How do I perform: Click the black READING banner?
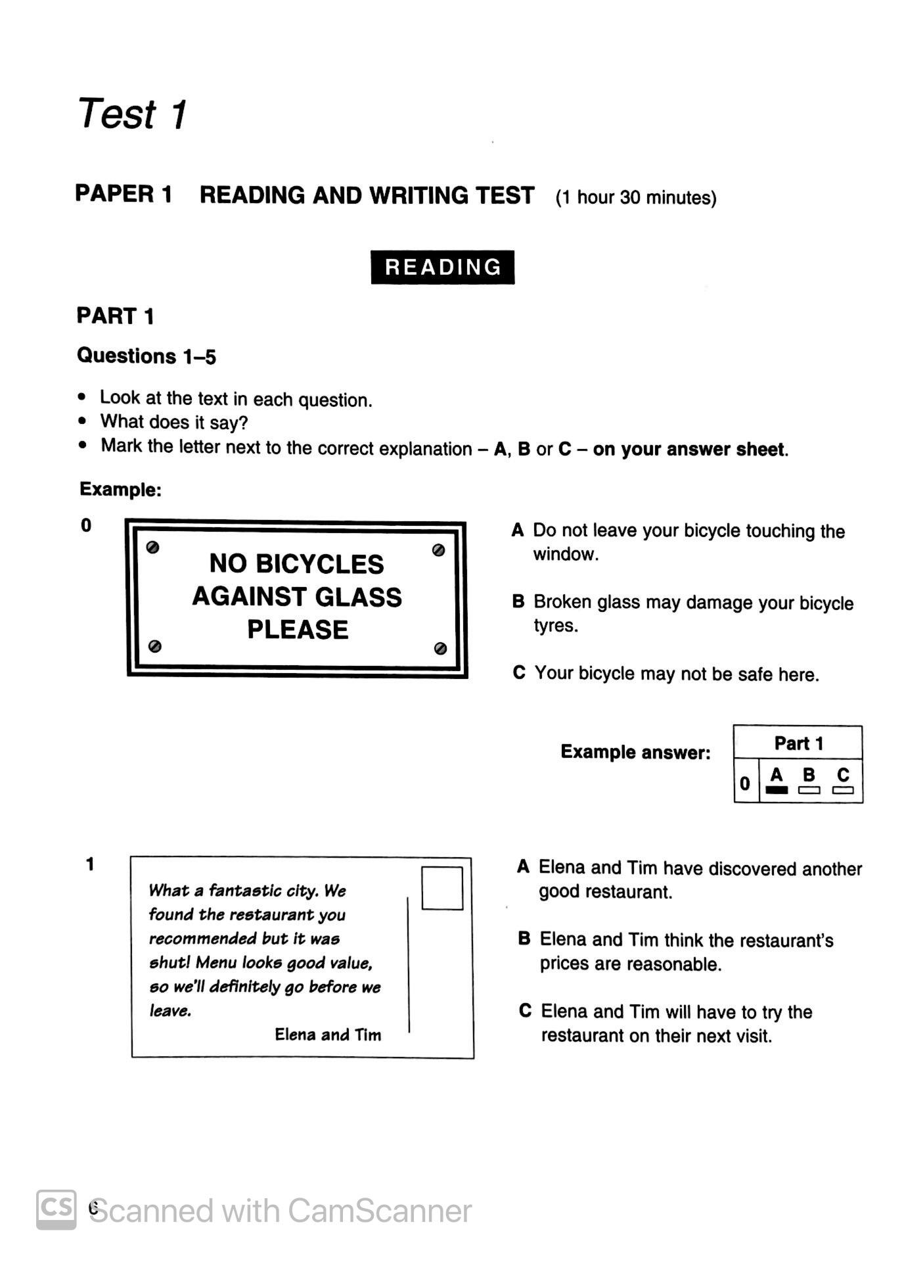(x=442, y=267)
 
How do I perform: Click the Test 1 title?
(x=132, y=114)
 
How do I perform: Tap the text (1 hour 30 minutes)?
(x=635, y=197)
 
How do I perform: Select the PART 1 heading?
(x=115, y=316)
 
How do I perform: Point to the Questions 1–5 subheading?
(x=146, y=356)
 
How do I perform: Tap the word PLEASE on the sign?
(x=298, y=630)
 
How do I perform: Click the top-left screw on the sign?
(x=152, y=548)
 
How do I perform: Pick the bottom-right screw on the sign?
(x=441, y=648)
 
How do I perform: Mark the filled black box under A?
(x=777, y=790)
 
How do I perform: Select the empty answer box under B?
(x=809, y=790)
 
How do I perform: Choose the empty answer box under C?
(x=843, y=790)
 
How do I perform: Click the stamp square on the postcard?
(x=441, y=888)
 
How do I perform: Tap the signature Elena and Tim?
(x=328, y=1035)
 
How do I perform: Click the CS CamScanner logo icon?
(x=56, y=1209)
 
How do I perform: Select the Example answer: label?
(x=635, y=752)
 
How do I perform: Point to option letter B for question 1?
(x=524, y=939)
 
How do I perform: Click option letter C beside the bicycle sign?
(x=519, y=673)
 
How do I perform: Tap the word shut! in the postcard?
(x=169, y=963)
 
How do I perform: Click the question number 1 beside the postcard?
(x=90, y=864)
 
